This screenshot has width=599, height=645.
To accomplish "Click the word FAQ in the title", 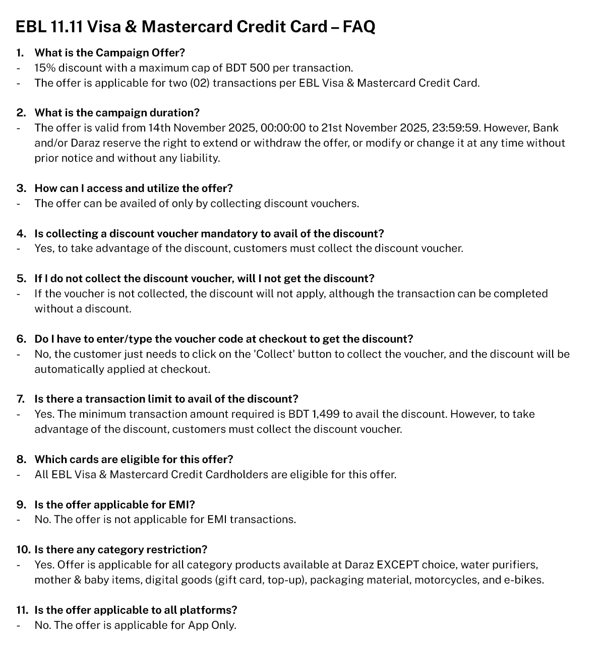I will point(358,26).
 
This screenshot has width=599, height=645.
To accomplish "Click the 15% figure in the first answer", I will point(44,68).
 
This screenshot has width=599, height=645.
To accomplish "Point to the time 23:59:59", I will point(455,128).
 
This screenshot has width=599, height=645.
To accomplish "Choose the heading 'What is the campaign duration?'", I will point(117,113).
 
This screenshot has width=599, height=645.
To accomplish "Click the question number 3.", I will point(21,188).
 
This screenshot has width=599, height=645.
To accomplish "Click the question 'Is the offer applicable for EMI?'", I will point(114,505).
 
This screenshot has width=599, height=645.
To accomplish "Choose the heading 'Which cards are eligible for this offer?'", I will point(134,460).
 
